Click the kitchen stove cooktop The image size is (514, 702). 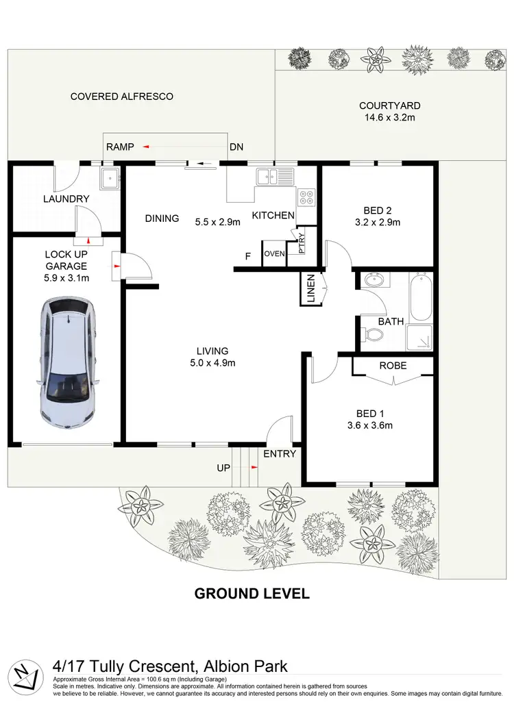tap(306, 198)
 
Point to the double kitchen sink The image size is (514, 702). tap(276, 177)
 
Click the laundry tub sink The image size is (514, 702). tap(109, 179)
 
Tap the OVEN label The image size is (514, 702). tap(274, 254)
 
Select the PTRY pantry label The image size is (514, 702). tap(301, 243)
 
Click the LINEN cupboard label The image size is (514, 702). tap(310, 289)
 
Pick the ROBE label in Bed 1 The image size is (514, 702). tap(393, 366)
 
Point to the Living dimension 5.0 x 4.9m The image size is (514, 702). tap(213, 363)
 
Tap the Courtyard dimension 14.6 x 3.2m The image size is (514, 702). tap(390, 117)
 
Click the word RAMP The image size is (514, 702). tap(120, 147)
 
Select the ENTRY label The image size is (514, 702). tap(280, 453)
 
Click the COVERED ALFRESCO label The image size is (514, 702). tap(122, 97)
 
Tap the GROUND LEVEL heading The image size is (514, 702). tap(252, 594)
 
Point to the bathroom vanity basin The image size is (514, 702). tap(374, 281)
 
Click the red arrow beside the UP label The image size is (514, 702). tap(254, 467)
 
